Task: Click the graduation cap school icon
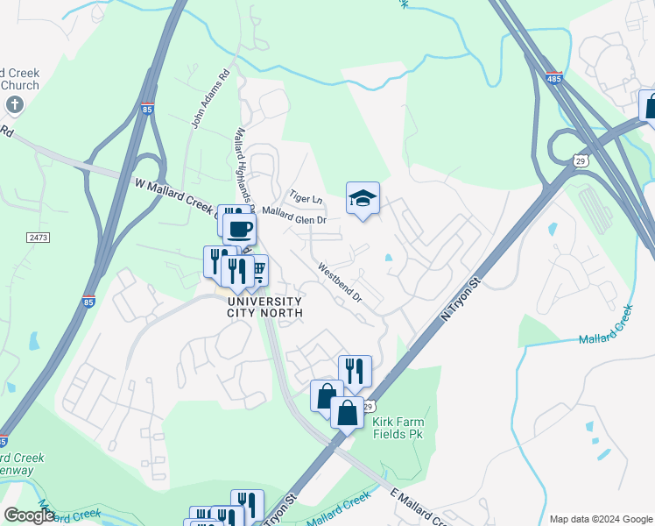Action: tap(363, 198)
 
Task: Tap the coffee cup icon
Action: tap(240, 230)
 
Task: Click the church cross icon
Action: tap(14, 105)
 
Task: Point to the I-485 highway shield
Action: tap(553, 79)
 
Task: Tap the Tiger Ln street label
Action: tap(306, 198)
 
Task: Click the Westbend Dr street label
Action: tap(340, 282)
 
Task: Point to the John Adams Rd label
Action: tap(199, 106)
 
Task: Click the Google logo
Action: tap(29, 515)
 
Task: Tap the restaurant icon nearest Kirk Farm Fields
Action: tap(355, 371)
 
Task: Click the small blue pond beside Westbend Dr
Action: tap(388, 258)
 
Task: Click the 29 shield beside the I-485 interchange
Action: tap(580, 160)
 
